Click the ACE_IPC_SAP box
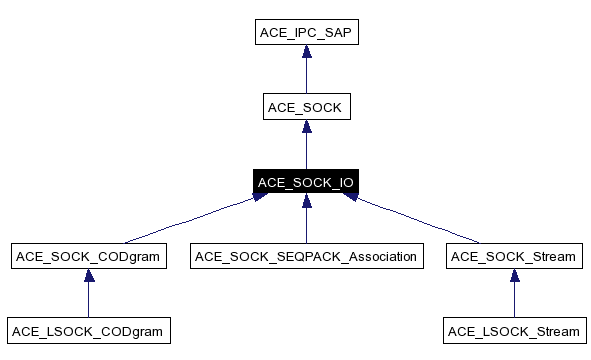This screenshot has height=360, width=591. [x=306, y=33]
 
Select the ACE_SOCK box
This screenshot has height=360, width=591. [x=306, y=107]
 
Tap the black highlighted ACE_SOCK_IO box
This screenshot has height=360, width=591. [x=306, y=182]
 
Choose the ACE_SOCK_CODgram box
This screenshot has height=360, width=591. [x=89, y=257]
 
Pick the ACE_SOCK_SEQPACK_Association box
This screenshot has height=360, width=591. [x=306, y=257]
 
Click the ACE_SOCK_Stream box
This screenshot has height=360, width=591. [x=514, y=257]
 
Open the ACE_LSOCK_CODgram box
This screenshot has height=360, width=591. [x=89, y=331]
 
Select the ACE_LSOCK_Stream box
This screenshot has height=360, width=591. [x=514, y=331]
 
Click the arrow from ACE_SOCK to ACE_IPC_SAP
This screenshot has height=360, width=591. [x=306, y=75]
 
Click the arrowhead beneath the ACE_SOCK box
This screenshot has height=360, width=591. [x=306, y=128]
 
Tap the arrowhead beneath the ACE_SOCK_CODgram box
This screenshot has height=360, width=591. [x=89, y=277]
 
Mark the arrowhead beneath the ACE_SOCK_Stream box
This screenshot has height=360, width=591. [x=514, y=277]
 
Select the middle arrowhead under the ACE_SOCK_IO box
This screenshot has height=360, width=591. [x=306, y=203]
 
